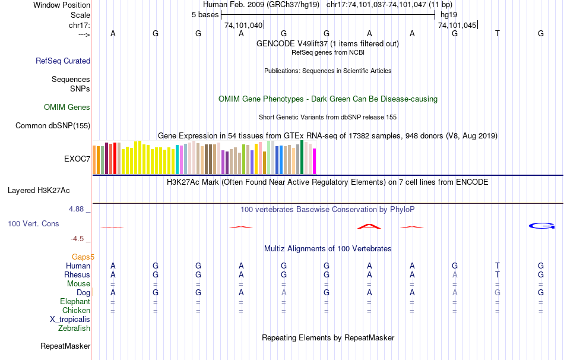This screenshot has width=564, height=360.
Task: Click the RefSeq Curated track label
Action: pyautogui.click(x=63, y=61)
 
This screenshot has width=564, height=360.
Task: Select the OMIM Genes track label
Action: pyautogui.click(x=67, y=108)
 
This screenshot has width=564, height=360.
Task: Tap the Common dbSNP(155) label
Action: pyautogui.click(x=53, y=125)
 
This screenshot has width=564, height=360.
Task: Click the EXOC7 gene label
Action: pyautogui.click(x=77, y=159)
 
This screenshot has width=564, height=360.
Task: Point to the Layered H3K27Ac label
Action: pyautogui.click(x=39, y=191)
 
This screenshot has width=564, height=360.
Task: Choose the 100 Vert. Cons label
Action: pyautogui.click(x=33, y=224)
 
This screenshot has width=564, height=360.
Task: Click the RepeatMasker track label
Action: pyautogui.click(x=65, y=346)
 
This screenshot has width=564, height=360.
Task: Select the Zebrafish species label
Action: pyautogui.click(x=74, y=328)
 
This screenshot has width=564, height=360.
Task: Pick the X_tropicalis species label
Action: pyautogui.click(x=70, y=319)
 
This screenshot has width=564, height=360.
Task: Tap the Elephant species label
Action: pyautogui.click(x=75, y=302)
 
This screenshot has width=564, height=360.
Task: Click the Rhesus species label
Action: pyautogui.click(x=77, y=275)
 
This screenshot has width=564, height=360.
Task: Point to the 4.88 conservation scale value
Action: pyautogui.click(x=78, y=209)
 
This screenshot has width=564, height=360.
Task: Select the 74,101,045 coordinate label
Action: pyautogui.click(x=457, y=26)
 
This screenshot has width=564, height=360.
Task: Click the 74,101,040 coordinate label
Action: pyautogui.click(x=243, y=26)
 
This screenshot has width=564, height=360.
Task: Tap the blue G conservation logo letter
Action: pyautogui.click(x=541, y=226)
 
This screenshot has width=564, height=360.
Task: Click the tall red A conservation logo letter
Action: pyautogui.click(x=369, y=226)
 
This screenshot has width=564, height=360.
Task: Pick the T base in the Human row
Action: pyautogui.click(x=498, y=266)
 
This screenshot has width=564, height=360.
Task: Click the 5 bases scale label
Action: pyautogui.click(x=205, y=14)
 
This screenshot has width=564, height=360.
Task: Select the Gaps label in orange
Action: pyautogui.click(x=83, y=257)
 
